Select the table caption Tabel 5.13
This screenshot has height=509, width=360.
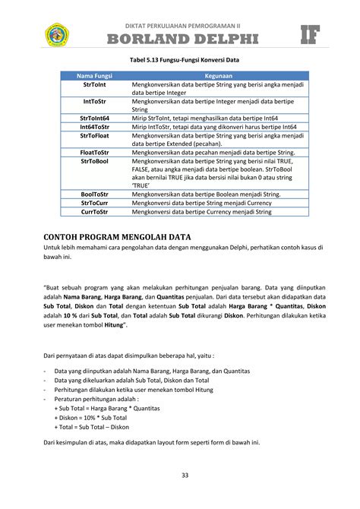tap(179, 62)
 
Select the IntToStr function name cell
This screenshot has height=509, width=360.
tap(94, 102)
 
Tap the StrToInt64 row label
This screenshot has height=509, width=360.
tap(94, 119)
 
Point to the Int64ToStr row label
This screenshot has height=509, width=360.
tap(94, 127)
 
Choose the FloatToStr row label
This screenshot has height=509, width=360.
tap(94, 152)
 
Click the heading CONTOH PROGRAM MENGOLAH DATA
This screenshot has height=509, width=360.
tap(117, 238)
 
